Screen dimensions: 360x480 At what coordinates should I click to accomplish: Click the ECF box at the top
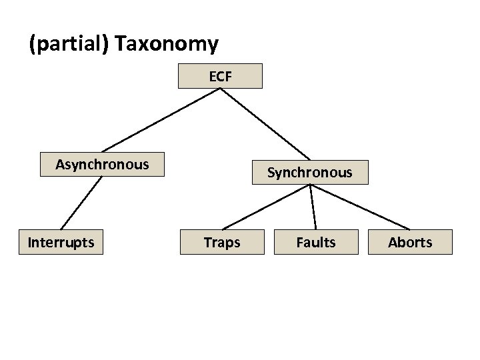pos(220,76)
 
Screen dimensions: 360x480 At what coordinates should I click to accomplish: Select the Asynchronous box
pos(102,164)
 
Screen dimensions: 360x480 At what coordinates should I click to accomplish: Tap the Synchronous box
pos(310,172)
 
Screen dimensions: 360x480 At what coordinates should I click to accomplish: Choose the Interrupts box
pos(61,242)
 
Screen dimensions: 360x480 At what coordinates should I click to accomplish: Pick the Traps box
pos(222,242)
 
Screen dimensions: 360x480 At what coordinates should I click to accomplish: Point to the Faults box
pos(316,242)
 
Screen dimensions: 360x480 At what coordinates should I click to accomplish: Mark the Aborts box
pos(410,242)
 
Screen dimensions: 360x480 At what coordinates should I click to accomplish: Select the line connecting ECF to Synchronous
pos(265,124)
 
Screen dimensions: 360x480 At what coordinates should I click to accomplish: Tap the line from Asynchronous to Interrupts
pos(81,203)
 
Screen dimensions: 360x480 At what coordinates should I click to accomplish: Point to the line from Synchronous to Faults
pos(313,207)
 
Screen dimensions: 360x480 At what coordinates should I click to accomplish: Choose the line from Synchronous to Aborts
pos(360,207)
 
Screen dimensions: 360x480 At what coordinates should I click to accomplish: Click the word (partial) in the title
pos(69,44)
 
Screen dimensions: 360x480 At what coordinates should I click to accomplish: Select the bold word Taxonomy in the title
pos(166,44)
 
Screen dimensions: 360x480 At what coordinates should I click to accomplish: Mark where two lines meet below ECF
pos(221,89)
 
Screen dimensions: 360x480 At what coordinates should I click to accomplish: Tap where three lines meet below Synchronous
pos(311,185)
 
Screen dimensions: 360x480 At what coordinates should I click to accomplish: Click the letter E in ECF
pos(213,77)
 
